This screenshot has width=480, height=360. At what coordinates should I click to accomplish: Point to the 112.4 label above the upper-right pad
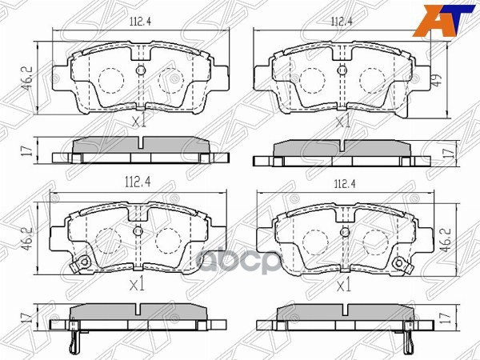(x=343, y=22)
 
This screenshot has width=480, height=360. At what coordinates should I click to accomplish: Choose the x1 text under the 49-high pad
(x=343, y=122)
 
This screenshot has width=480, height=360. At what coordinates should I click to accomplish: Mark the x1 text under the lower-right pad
(x=343, y=284)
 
